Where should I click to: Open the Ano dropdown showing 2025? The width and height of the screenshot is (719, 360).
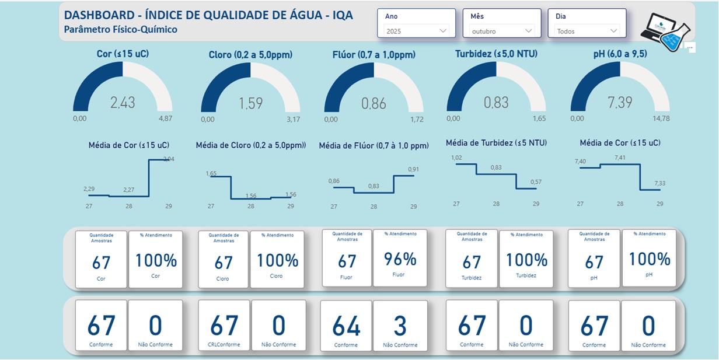[416, 31]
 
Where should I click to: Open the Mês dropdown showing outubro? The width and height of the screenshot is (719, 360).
[502, 31]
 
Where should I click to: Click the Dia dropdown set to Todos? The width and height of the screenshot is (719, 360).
[587, 31]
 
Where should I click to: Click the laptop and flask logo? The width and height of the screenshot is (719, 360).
[665, 32]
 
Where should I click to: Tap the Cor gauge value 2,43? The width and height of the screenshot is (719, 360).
[123, 103]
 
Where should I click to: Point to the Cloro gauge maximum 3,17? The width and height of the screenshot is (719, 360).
[294, 120]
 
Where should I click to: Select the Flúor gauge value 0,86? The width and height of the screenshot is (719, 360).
[374, 104]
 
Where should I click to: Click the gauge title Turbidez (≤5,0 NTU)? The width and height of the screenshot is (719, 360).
[496, 54]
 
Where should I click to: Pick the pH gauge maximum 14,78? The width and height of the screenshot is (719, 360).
[661, 118]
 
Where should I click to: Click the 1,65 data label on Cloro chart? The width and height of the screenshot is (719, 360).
[211, 173]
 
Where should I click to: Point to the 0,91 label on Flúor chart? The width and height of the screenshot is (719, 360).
[413, 169]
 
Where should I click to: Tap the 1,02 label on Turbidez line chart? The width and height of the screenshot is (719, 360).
[456, 158]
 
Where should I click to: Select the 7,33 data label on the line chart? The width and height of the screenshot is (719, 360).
[660, 183]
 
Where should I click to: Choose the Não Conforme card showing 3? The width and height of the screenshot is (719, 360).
[400, 326]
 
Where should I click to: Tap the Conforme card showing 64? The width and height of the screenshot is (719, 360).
[346, 326]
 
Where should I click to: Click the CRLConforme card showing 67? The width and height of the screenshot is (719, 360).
[224, 326]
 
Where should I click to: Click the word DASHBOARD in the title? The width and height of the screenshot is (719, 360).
[99, 15]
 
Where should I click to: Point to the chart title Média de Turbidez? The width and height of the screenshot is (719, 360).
[496, 142]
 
